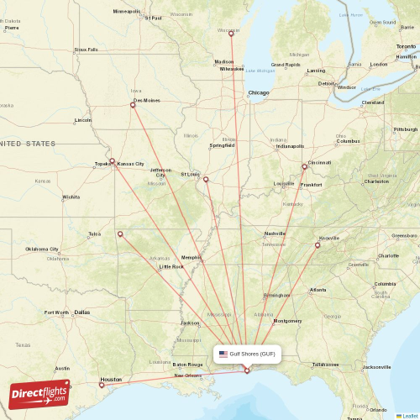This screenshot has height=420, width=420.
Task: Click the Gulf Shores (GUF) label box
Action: tap(245, 354)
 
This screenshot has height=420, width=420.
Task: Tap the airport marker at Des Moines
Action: tap(133, 105)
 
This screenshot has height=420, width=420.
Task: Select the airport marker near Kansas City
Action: tap(112, 160)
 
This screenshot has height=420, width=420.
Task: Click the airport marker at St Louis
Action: tap(206, 178)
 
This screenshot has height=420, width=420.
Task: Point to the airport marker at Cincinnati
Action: tap(305, 166)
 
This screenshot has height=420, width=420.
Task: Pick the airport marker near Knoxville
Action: tap(318, 245)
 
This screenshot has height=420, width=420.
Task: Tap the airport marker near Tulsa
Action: tap(120, 234)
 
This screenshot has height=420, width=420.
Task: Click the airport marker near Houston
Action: tap(102, 385)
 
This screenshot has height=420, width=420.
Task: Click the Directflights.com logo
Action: tap(39, 393)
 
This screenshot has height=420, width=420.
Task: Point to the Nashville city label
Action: tap(275, 234)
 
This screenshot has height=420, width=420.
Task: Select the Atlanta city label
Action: tap(318, 290)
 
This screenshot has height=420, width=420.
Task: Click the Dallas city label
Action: tap(81, 312)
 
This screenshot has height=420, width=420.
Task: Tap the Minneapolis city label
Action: tap(127, 12)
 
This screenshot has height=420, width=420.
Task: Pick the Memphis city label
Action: tap(192, 257)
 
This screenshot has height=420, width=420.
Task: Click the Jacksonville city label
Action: tap(377, 367)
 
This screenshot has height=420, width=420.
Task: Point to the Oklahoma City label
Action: tap(42, 249)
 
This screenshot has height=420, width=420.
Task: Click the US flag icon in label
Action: tap(223, 354)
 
